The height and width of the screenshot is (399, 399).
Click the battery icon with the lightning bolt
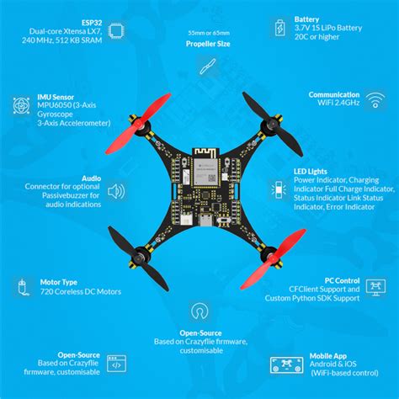click(x=279, y=29)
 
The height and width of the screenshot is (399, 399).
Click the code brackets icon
click(x=116, y=365)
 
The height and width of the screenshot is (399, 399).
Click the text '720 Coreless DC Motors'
click(x=81, y=291)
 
